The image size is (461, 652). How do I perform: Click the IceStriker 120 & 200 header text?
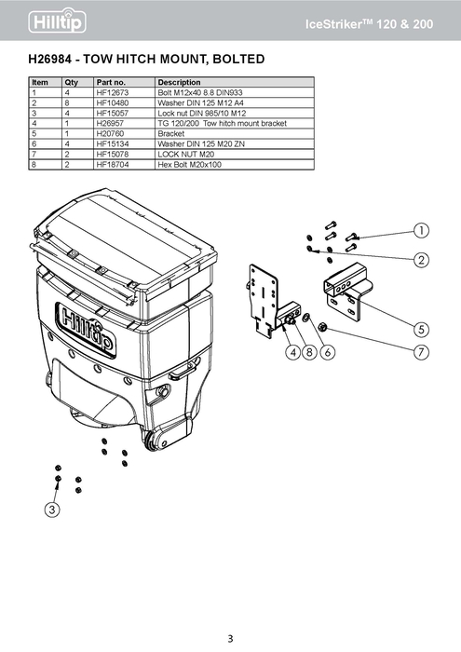370,21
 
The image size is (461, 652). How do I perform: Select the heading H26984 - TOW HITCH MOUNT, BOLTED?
147,60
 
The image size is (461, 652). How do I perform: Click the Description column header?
179,83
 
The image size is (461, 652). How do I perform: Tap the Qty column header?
72,83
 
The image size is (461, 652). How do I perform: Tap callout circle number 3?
53,509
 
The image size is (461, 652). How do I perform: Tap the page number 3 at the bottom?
230,637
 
